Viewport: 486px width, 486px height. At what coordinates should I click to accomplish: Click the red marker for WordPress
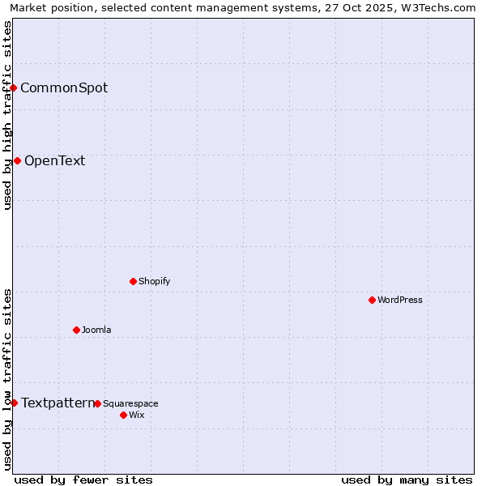(x=372, y=300)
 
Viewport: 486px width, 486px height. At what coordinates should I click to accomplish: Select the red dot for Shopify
(x=133, y=281)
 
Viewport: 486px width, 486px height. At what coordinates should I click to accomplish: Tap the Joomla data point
(x=76, y=330)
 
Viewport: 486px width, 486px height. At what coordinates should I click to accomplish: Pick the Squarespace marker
(x=97, y=403)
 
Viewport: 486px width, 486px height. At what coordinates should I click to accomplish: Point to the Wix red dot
(x=123, y=415)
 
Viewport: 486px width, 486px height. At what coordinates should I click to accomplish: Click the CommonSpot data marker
(x=14, y=87)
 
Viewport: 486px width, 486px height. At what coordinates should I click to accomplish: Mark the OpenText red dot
(x=17, y=160)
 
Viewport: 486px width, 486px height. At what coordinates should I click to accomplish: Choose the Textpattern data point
(x=14, y=403)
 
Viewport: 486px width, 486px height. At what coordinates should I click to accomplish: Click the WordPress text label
(x=400, y=300)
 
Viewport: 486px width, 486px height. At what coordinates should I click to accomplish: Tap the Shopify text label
(x=154, y=281)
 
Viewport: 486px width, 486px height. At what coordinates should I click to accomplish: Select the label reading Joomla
(x=96, y=330)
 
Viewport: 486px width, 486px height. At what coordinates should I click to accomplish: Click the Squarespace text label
(x=130, y=403)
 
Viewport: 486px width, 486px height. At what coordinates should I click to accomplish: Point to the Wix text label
(x=136, y=415)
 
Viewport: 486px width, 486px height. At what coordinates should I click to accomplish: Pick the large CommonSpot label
(x=64, y=87)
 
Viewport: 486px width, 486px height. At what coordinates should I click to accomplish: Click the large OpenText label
(x=54, y=160)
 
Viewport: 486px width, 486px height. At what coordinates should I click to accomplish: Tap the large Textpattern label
(x=58, y=403)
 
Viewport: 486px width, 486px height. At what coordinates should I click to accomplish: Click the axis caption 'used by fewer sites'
(x=83, y=480)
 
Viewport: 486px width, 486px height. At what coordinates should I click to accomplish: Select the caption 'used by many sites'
(x=407, y=480)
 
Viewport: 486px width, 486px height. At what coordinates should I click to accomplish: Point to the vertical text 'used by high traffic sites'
(x=7, y=116)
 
